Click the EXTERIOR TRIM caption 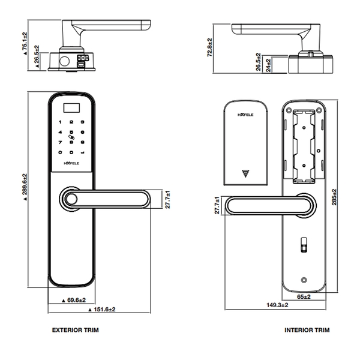pyautogui.click(x=75, y=330)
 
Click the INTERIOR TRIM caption pyautogui.click(x=307, y=330)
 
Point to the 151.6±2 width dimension pyautogui.click(x=101, y=310)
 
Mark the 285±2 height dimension pyautogui.click(x=334, y=197)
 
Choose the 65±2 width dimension pyautogui.click(x=304, y=296)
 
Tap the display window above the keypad pyautogui.click(x=71, y=109)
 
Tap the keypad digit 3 pyautogui.click(x=82, y=122)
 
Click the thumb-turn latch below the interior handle pyautogui.click(x=304, y=246)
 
